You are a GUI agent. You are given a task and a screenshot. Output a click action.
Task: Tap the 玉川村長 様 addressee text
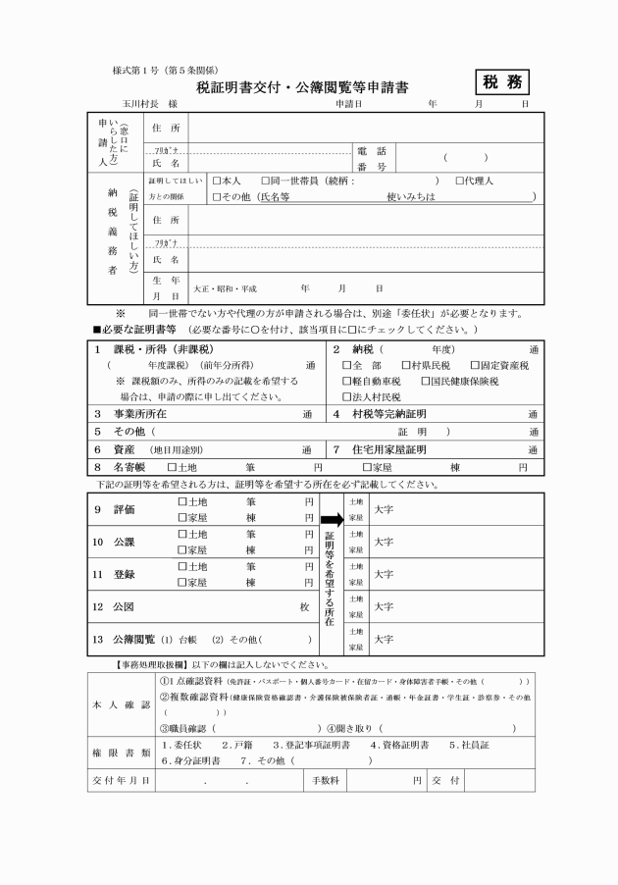tap(149, 103)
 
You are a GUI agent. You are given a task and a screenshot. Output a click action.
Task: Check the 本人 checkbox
tap(218, 182)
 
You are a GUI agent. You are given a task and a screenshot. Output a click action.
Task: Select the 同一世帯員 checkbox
tap(266, 182)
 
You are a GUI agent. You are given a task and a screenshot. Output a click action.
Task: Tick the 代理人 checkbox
tap(460, 182)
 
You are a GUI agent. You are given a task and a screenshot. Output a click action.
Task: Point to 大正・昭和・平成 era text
tap(225, 289)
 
